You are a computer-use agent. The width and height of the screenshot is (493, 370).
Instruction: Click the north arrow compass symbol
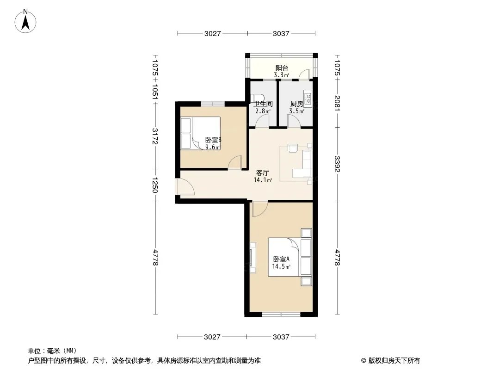[25, 21]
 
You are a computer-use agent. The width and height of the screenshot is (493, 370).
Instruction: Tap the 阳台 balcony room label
[282, 68]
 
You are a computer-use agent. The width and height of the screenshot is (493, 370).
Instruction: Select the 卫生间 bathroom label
[263, 104]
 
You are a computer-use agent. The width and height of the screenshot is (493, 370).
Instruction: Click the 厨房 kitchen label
[296, 104]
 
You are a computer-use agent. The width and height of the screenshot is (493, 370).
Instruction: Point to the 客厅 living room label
[263, 173]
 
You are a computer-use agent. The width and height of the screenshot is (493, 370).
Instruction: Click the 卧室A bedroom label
[281, 259]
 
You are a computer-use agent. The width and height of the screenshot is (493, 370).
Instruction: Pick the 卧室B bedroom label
[213, 140]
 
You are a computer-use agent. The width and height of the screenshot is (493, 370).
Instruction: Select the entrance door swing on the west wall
[186, 187]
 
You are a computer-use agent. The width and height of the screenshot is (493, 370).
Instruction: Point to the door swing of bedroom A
[260, 209]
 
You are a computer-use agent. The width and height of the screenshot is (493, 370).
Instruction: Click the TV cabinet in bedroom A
[253, 258]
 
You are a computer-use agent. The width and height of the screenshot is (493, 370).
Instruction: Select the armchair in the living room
[292, 148]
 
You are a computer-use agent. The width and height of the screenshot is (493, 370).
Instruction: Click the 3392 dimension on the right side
[337, 164]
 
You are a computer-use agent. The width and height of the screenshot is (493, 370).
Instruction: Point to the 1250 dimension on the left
[155, 185]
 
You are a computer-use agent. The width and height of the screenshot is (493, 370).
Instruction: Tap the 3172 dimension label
[155, 136]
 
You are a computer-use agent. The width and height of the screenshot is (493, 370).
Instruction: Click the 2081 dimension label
[337, 103]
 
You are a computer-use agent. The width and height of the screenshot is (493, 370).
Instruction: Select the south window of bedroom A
[281, 314]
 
